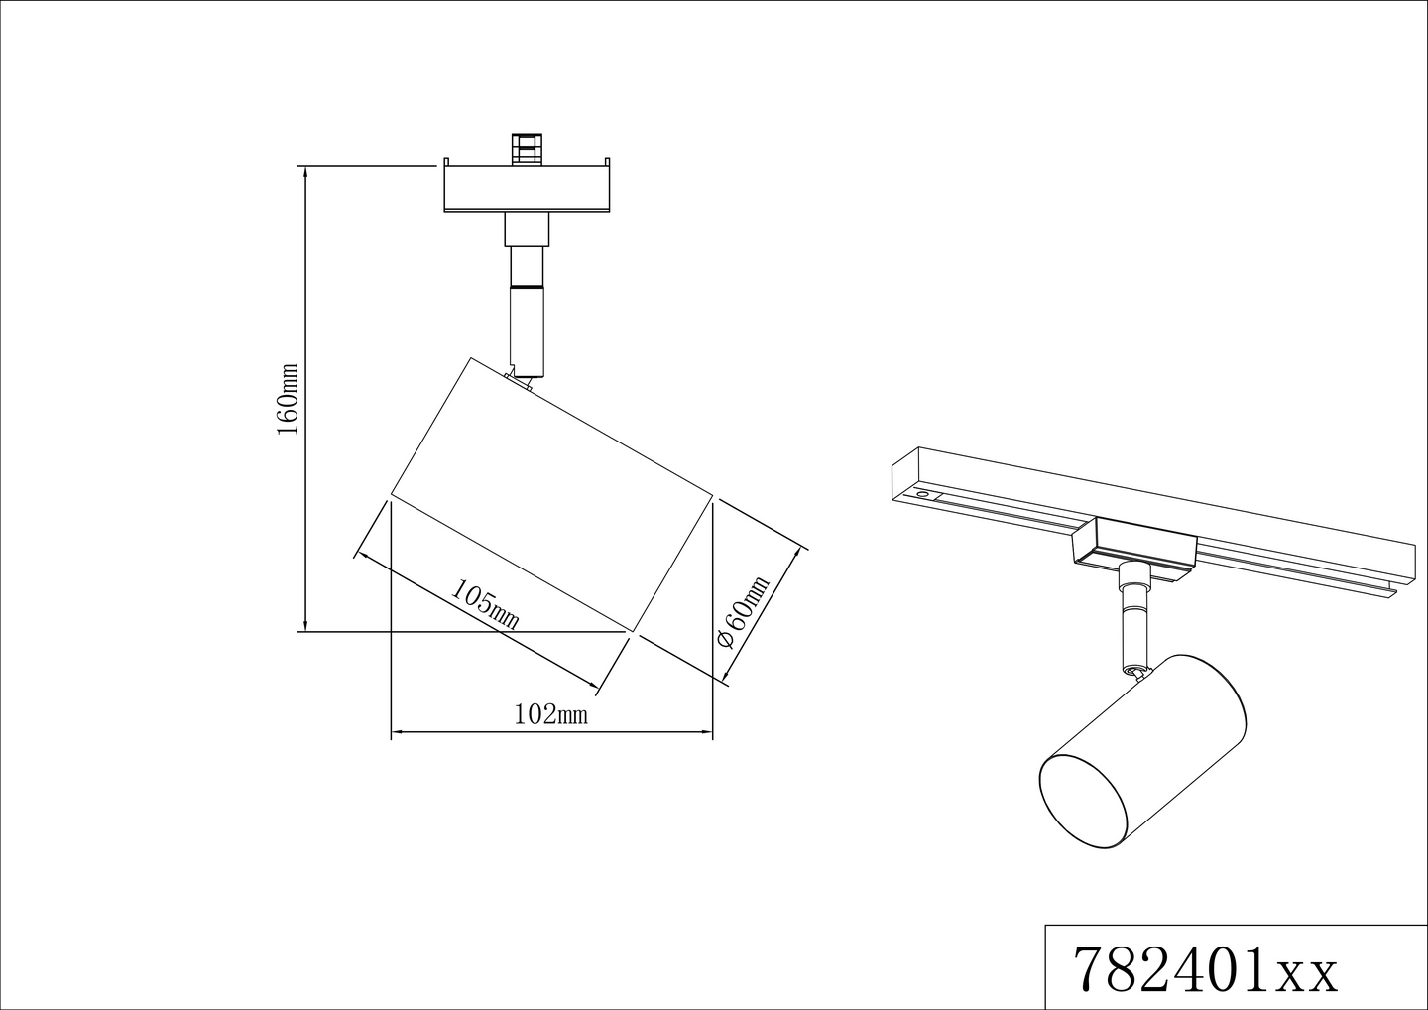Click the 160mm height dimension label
(x=288, y=399)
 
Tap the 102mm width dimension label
(x=551, y=714)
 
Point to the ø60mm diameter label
(x=744, y=612)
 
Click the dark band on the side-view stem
(x=526, y=286)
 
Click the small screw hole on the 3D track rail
(x=923, y=493)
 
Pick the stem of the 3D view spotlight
(x=1130, y=620)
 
